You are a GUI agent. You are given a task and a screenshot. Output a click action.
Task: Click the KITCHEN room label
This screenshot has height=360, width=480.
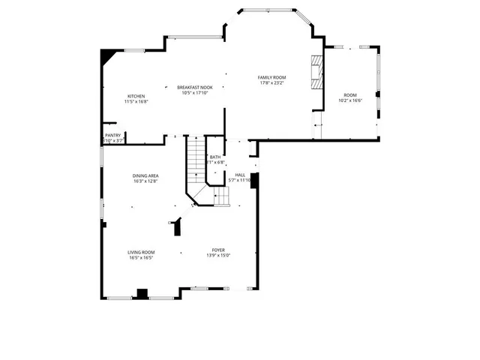pos(136,96)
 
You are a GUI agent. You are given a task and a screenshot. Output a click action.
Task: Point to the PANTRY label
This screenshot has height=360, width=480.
pos(112,136)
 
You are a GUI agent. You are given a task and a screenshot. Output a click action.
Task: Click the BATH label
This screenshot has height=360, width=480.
pos(215,157)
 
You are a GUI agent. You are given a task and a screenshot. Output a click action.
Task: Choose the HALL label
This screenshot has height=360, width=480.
pos(240,175)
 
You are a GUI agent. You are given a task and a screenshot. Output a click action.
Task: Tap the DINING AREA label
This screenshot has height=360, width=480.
pos(145,175)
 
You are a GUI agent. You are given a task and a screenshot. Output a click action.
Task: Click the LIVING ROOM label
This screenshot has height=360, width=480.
pos(141,252)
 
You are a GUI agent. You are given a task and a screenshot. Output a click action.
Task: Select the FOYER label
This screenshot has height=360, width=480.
pos(218,250)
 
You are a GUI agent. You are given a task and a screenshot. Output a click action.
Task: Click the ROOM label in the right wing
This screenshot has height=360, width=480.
pos(350,95)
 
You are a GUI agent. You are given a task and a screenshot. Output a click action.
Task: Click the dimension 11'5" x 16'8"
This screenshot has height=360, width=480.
pos(136,102)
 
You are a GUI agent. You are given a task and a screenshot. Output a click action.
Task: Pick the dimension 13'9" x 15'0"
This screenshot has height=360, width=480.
pos(218,256)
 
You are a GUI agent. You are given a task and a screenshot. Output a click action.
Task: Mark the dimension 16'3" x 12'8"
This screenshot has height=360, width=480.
pos(145,181)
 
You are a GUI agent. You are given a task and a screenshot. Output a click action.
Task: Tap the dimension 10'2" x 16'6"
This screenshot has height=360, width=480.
pos(350,100)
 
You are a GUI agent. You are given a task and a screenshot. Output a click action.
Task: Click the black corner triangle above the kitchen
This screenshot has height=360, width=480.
pos(109,55)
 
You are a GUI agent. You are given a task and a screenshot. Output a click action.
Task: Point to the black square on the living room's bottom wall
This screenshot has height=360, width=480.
pos(141,293)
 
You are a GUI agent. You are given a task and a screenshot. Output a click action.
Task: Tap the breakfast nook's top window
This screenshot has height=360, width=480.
pos(193,37)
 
